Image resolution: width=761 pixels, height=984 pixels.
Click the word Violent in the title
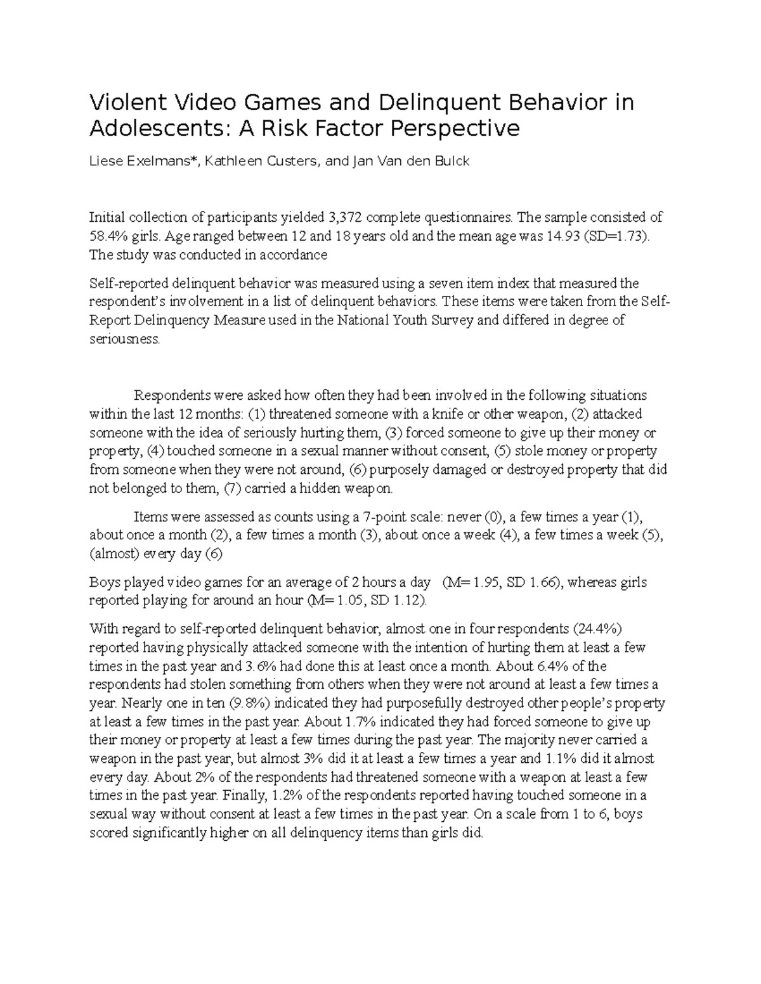coord(124,103)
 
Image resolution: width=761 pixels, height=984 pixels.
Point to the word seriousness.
coord(124,339)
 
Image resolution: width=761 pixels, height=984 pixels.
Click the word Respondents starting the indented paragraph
coord(172,396)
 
